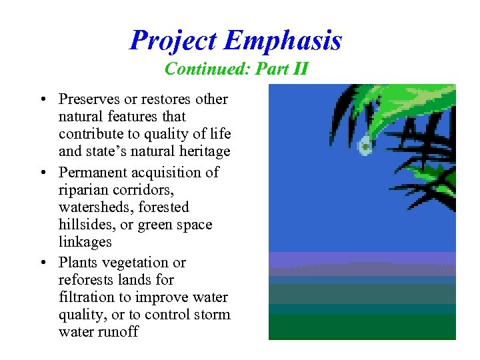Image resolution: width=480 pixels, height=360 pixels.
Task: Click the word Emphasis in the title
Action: [283, 41]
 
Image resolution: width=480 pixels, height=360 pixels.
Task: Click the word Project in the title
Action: [175, 41]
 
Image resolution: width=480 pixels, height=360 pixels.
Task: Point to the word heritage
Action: [204, 151]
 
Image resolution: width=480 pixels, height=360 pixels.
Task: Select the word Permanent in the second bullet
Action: [91, 172]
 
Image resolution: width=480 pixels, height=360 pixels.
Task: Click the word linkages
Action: [85, 242]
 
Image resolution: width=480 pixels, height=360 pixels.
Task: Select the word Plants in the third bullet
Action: [77, 262]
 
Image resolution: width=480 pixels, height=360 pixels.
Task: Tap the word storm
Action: [213, 315]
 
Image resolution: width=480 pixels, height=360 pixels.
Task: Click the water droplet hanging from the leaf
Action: [365, 146]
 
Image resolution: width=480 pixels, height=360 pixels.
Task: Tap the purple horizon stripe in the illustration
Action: [361, 258]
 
